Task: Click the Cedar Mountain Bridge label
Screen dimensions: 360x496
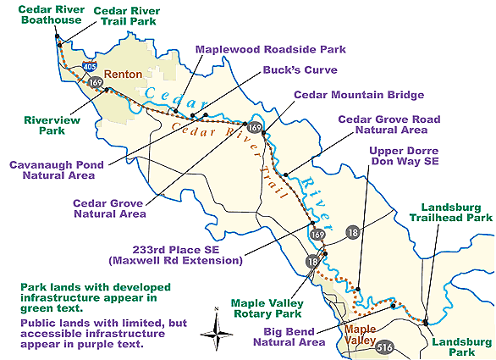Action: pos(359,95)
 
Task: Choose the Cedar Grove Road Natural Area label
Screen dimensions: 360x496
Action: pos(383,125)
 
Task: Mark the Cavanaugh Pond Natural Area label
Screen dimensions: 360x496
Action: pos(51,169)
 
